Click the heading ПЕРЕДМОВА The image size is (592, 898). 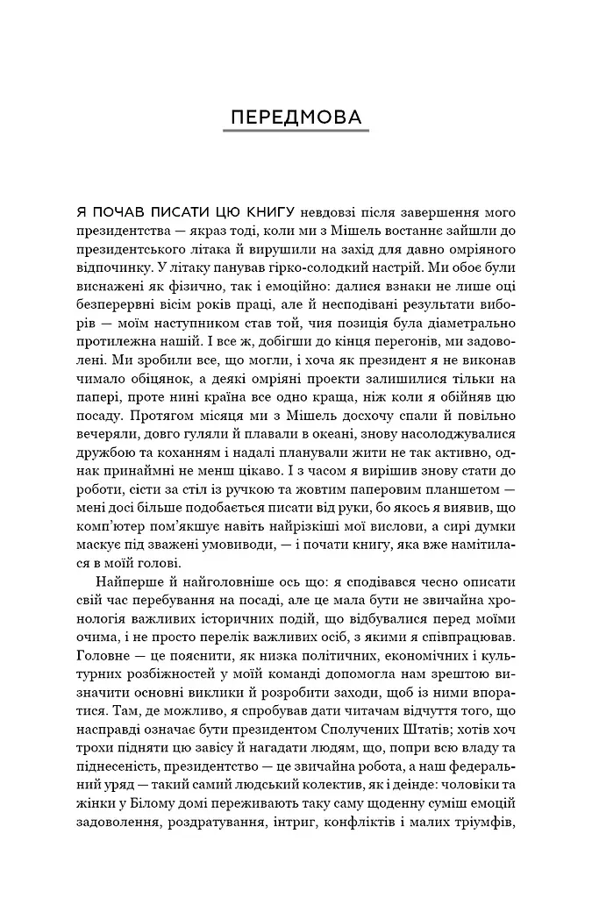296,118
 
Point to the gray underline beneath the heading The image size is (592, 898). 296,132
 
